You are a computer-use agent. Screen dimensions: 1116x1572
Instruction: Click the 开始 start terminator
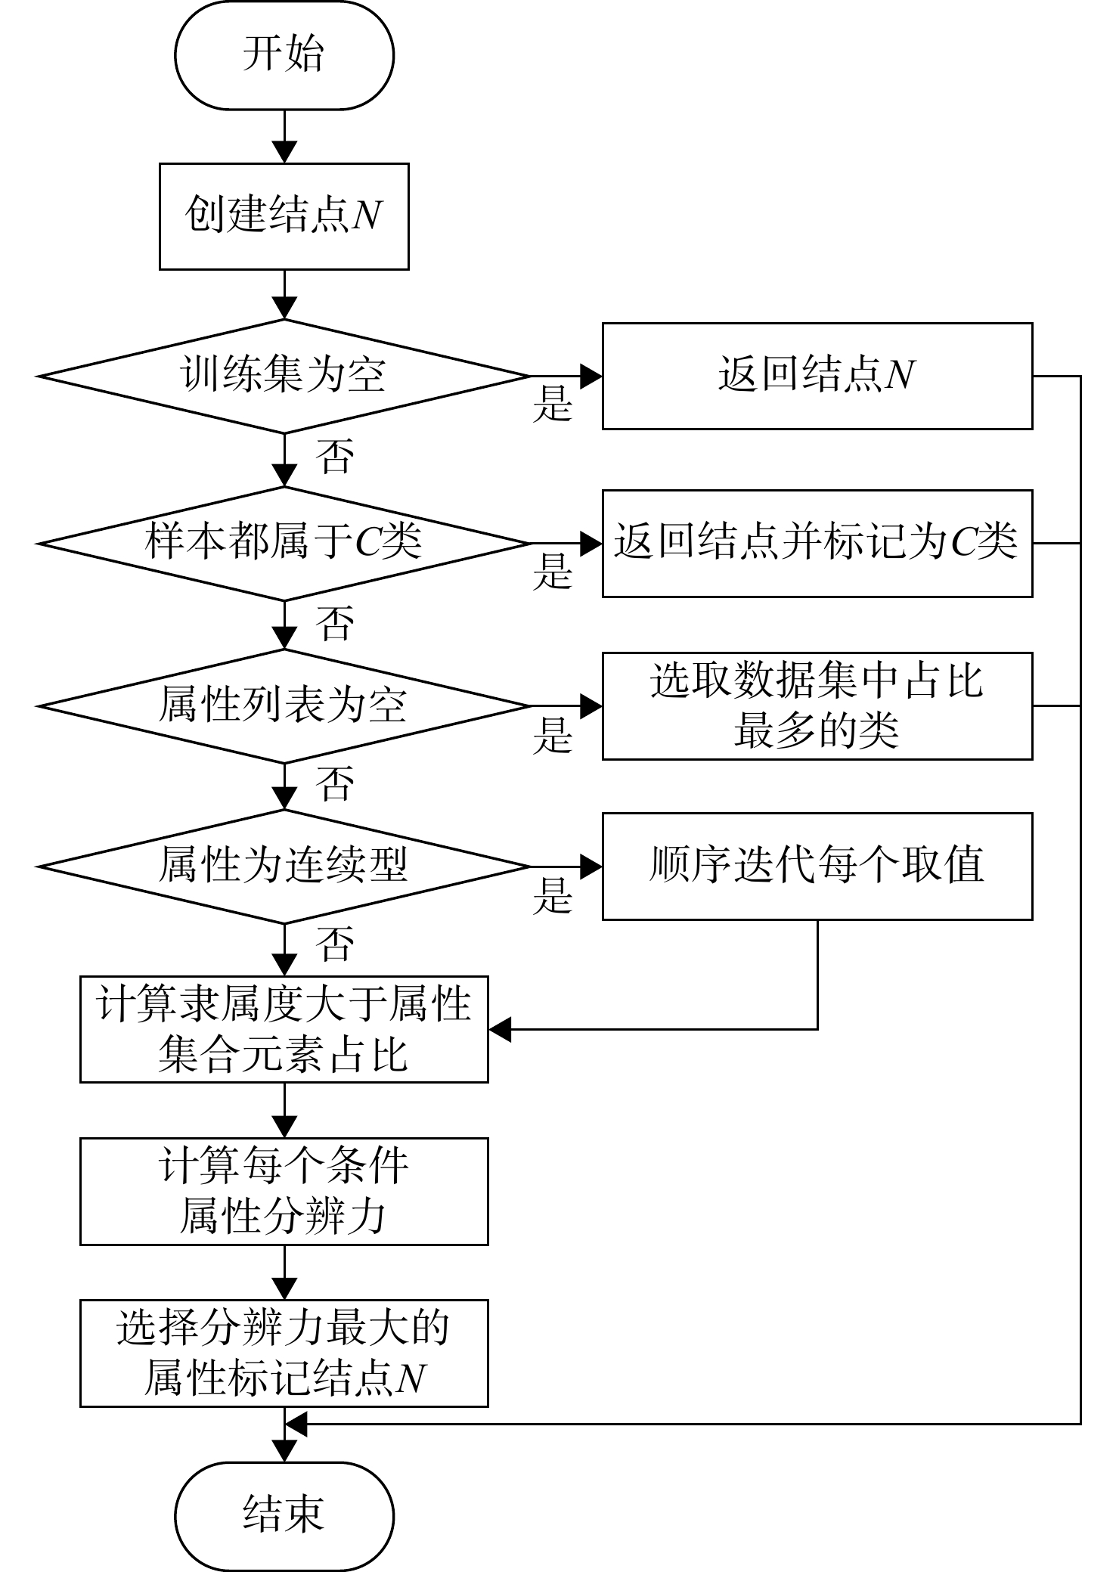284,55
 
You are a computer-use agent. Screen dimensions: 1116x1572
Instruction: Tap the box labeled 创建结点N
284,216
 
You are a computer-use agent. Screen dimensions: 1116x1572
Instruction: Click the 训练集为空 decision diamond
284,376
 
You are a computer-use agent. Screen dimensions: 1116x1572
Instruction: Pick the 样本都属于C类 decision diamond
284,543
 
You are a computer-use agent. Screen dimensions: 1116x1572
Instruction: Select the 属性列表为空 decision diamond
284,706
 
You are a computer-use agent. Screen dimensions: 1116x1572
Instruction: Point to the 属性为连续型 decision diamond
284,867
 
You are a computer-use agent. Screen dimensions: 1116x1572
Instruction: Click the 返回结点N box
817,376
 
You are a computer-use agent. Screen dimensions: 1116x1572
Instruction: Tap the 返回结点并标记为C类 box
817,543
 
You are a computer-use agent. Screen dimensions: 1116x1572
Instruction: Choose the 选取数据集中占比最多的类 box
817,706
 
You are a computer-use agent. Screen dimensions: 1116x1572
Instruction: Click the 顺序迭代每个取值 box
817,867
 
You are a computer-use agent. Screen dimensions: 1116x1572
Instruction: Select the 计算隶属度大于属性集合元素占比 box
284,1029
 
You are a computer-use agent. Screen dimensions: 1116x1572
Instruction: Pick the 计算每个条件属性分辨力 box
284,1192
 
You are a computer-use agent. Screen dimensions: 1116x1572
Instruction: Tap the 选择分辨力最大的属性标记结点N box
284,1353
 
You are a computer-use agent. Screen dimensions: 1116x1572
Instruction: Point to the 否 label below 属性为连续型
335,944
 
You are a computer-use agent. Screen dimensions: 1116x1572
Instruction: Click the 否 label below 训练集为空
335,456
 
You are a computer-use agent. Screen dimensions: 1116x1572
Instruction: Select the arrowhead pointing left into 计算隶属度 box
501,1029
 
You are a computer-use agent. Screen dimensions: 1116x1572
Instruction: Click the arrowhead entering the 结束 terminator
284,1450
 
